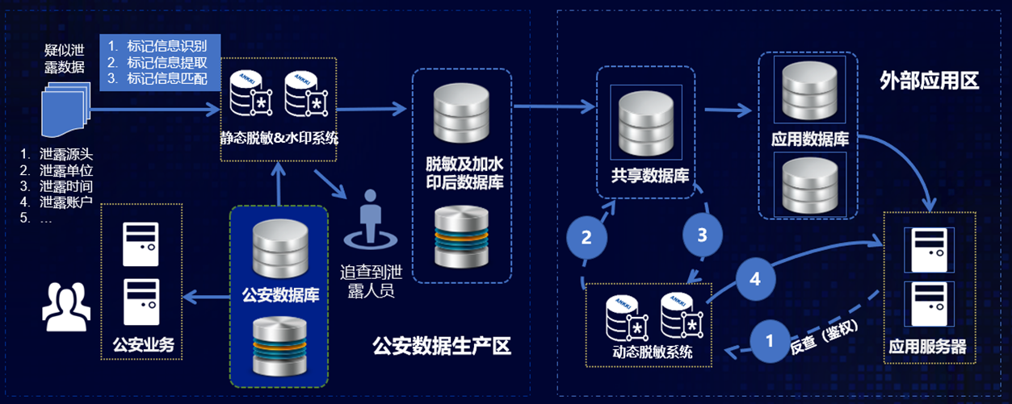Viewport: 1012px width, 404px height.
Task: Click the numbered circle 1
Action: pos(768,339)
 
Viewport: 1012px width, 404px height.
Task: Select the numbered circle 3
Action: pos(702,235)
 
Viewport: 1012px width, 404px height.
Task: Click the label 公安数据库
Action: pos(279,294)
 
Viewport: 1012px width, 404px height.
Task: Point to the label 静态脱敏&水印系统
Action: pos(279,138)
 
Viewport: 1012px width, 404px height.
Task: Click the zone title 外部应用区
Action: pos(928,81)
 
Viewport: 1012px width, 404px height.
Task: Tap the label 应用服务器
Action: pos(927,347)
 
